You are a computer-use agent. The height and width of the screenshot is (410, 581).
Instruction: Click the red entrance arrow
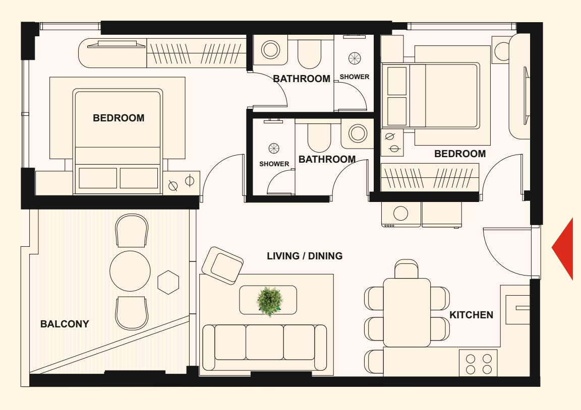pos(565,249)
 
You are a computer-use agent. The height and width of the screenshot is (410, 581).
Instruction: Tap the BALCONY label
pos(65,324)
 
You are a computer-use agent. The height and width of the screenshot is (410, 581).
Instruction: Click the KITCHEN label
pos(472,315)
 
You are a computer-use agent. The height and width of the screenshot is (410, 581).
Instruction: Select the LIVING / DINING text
pos(305,256)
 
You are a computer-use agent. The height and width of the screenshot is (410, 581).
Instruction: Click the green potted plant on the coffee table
pos(269,301)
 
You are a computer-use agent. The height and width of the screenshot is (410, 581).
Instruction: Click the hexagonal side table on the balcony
pos(168,283)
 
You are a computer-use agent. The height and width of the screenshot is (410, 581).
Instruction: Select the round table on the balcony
pos(130,271)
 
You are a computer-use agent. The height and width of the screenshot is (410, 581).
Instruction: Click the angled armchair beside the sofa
pos(222,265)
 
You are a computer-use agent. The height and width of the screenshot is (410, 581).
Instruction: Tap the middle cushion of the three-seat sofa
pos(265,343)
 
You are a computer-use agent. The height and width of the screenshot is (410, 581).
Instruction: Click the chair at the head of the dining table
pos(406,269)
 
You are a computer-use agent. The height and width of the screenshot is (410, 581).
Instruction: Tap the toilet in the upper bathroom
pos(309,54)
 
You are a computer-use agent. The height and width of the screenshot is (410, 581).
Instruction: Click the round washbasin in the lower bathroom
pos(358,133)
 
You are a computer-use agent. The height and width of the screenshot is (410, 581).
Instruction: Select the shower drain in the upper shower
pos(355,58)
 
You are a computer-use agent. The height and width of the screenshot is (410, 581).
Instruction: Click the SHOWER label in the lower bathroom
pos(274,164)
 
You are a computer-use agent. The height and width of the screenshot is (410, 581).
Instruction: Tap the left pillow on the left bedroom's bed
pos(98,178)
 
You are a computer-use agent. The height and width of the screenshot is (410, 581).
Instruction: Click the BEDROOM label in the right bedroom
pos(460,154)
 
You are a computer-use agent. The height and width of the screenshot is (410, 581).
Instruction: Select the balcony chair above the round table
pos(132,230)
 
